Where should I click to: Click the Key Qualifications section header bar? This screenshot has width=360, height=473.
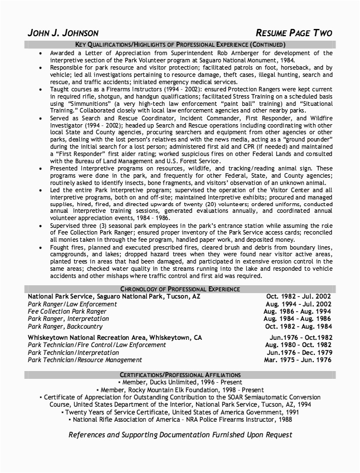(180, 45)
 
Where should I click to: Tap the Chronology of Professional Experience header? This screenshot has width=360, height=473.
(180, 289)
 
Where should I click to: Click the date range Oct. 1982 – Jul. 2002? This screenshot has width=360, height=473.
(299, 297)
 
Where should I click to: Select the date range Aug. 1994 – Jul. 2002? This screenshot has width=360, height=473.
(298, 304)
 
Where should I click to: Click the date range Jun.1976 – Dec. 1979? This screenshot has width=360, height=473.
(299, 353)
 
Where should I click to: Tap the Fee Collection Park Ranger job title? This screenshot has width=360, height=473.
(67, 311)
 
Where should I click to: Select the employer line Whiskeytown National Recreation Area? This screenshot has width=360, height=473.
(115, 338)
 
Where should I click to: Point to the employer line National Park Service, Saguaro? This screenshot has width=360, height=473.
(114, 297)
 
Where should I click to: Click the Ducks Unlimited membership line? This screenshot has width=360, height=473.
(180, 383)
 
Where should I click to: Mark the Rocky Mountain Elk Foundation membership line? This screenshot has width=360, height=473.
(180, 390)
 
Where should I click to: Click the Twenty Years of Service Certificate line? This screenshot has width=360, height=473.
(180, 412)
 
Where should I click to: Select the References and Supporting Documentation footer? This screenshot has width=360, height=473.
(180, 435)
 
